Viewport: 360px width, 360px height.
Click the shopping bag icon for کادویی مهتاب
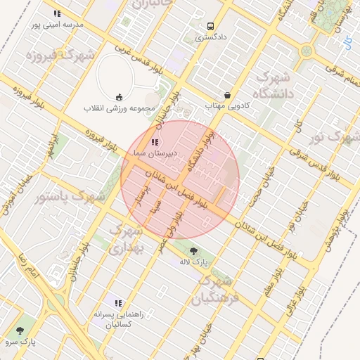[227, 95]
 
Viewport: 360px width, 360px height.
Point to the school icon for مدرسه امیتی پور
[57, 13]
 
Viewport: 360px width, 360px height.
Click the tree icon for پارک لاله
[194, 251]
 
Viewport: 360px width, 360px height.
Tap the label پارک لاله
[194, 262]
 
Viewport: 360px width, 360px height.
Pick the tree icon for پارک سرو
[19, 330]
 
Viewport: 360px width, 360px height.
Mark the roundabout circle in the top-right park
[306, 51]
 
